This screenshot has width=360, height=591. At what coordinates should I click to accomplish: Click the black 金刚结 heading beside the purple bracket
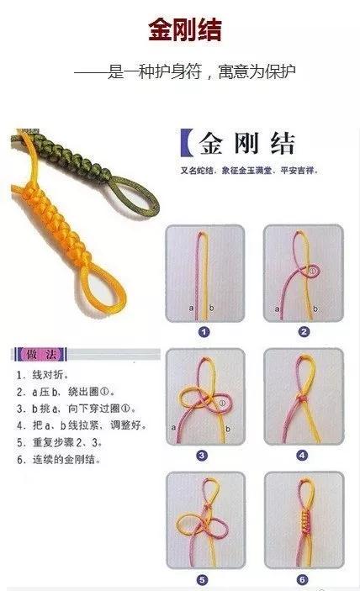246,144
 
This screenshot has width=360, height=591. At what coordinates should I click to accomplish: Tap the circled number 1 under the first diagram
203,332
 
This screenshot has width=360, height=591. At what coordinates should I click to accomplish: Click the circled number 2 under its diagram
304,332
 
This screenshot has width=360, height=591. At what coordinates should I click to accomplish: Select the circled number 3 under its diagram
202,456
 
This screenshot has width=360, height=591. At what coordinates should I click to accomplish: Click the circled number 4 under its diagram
303,456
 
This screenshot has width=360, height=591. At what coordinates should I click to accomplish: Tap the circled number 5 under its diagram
202,580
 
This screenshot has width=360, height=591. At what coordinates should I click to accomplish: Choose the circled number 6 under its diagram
303,580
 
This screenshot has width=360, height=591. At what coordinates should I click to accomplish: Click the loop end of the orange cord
34,304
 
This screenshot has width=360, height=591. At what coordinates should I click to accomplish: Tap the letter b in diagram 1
211,309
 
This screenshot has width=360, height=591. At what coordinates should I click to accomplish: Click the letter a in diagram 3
174,428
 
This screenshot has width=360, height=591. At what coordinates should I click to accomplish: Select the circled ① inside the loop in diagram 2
312,271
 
